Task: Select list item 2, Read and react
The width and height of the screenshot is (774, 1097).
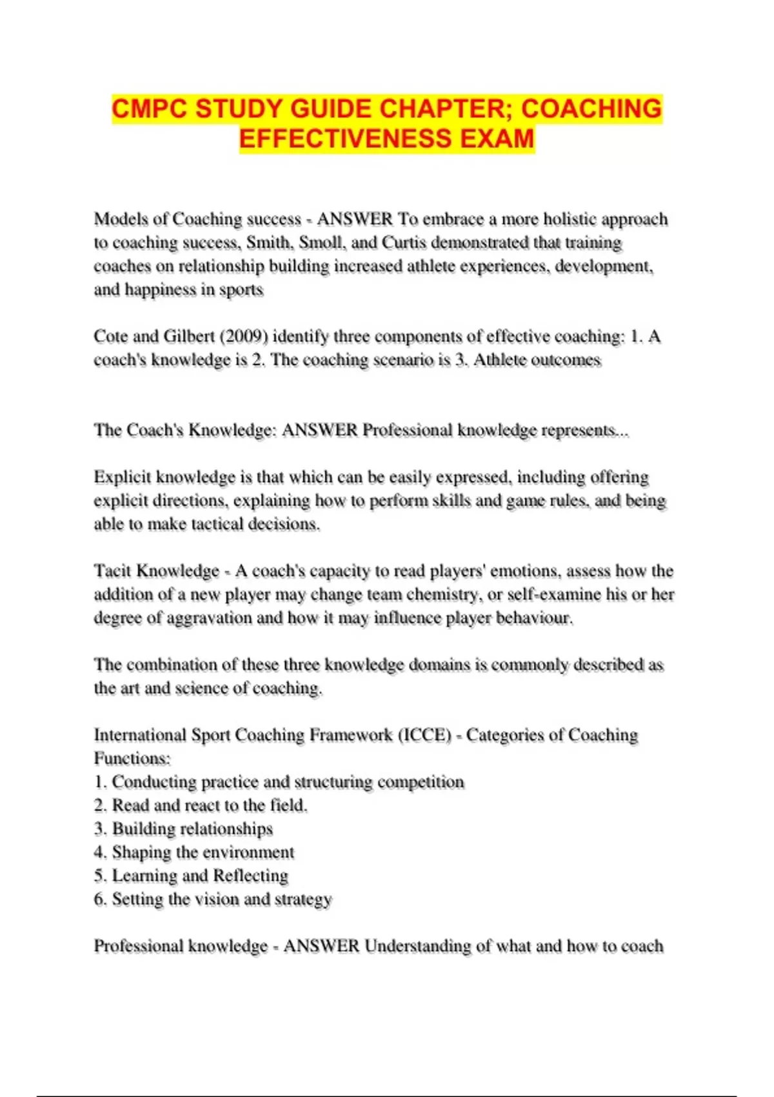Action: (201, 805)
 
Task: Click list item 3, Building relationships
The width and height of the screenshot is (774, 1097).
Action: (184, 829)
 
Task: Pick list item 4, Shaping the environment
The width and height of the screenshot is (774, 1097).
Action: (194, 852)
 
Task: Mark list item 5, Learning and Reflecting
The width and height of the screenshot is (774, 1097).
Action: (191, 876)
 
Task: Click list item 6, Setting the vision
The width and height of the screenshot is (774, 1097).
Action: (213, 899)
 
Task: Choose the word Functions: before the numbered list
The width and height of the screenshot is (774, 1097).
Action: (132, 758)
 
